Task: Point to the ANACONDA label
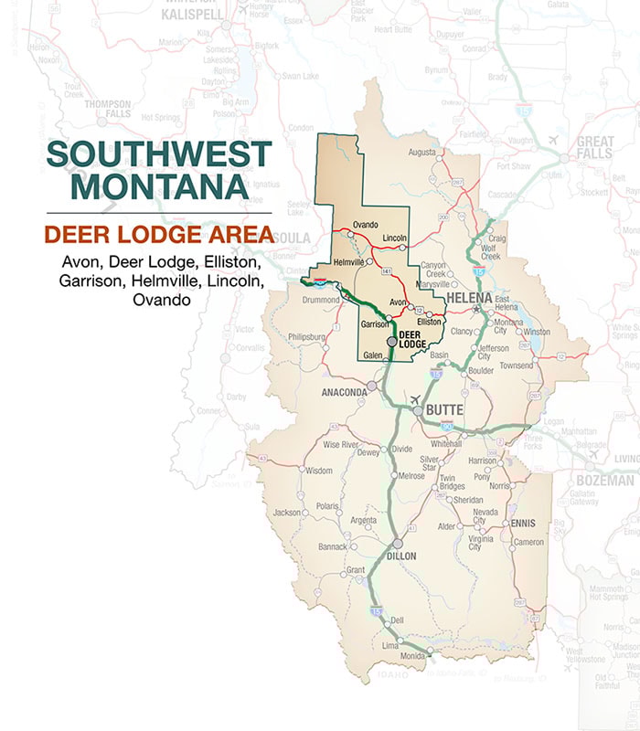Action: coord(344,392)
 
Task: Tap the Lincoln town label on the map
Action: coord(394,237)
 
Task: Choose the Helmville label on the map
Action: coord(348,262)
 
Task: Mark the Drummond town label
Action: coord(321,299)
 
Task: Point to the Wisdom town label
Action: coord(318,471)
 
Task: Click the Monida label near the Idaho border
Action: coord(411,656)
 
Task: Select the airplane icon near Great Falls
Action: coord(554,140)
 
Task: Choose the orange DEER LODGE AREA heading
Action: coord(158,234)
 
